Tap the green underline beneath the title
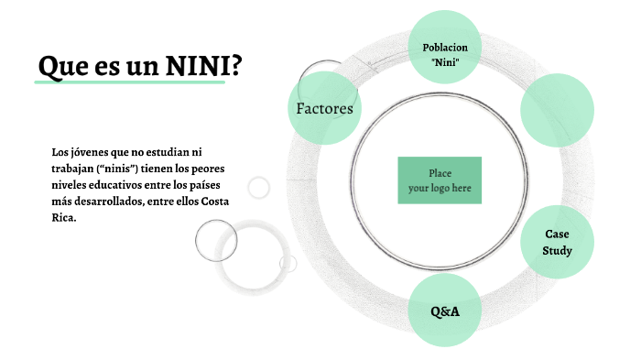pyautogui.click(x=129, y=82)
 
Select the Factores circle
pyautogui.click(x=324, y=108)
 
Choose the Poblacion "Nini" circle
pyautogui.click(x=445, y=54)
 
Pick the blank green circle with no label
pyautogui.click(x=558, y=109)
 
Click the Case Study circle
pyautogui.click(x=557, y=242)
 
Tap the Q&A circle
pyautogui.click(x=445, y=311)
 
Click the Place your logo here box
pyautogui.click(x=440, y=180)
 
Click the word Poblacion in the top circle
pyautogui.click(x=445, y=47)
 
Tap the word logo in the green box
pyautogui.click(x=440, y=189)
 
